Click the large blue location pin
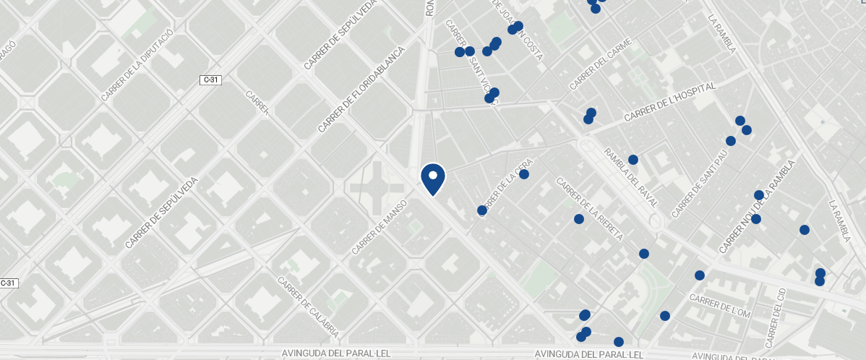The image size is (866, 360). coord(432,179)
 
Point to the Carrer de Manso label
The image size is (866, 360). coord(380,227)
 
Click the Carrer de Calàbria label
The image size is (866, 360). coord(308,308)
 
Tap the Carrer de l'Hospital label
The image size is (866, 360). coord(669,102)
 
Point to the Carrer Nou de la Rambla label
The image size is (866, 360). coord(756,207)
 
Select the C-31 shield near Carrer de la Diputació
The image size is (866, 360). coord(210,80)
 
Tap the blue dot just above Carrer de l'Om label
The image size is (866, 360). coord(700,275)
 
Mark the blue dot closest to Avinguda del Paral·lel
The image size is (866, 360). coord(619,342)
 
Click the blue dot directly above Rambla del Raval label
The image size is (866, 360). coord(633,160)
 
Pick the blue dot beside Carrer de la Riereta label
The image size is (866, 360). coord(579,219)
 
